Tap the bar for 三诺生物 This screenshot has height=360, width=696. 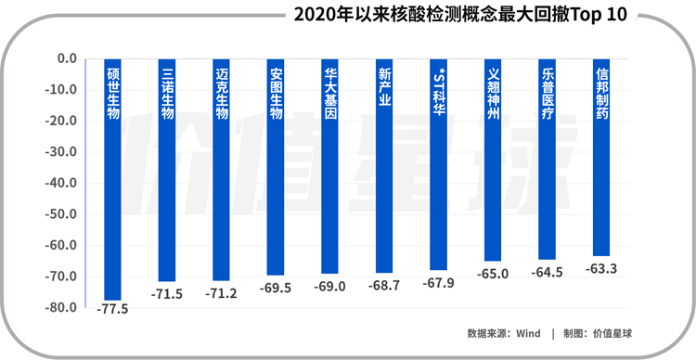point(167,176)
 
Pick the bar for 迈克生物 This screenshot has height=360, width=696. point(222,176)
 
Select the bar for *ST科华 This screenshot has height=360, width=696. point(438,173)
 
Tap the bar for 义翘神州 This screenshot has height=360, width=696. point(493,167)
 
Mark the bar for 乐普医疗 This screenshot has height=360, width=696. point(547,167)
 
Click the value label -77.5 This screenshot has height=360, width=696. point(113,309)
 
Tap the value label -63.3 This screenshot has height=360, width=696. point(601,269)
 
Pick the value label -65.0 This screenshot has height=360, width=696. point(493,274)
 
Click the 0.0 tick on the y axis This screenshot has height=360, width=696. point(67,58)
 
